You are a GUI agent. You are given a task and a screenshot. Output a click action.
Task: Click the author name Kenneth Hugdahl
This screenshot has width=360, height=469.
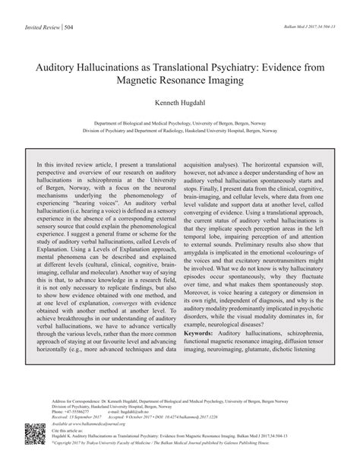[180, 105]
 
